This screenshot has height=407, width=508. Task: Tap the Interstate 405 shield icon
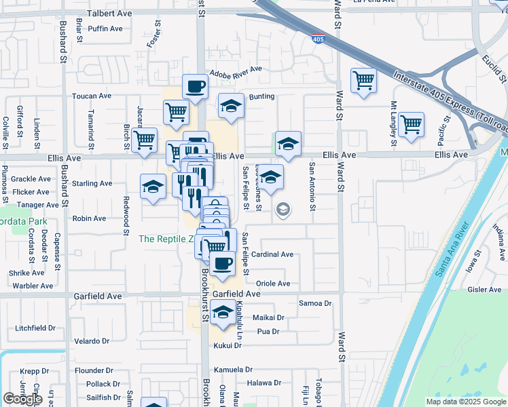pos(318,39)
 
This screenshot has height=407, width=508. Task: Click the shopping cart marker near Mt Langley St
pos(411,125)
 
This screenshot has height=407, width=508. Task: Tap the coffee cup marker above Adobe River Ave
pos(195,86)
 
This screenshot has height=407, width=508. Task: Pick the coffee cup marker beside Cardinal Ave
pos(222,263)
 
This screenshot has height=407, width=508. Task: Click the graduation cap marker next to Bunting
pos(231,106)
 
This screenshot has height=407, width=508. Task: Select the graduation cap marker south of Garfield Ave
pos(222,313)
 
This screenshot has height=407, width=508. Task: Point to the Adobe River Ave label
pos(236,71)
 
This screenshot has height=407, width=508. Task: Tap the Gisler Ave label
pos(484,290)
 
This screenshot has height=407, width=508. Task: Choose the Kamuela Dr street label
pos(233,370)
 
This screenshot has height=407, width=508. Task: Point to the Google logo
pos(22,399)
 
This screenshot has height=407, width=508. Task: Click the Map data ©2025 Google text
pos(465,402)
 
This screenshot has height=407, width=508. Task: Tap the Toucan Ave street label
pos(92,96)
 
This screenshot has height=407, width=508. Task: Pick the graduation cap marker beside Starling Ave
pos(153,187)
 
